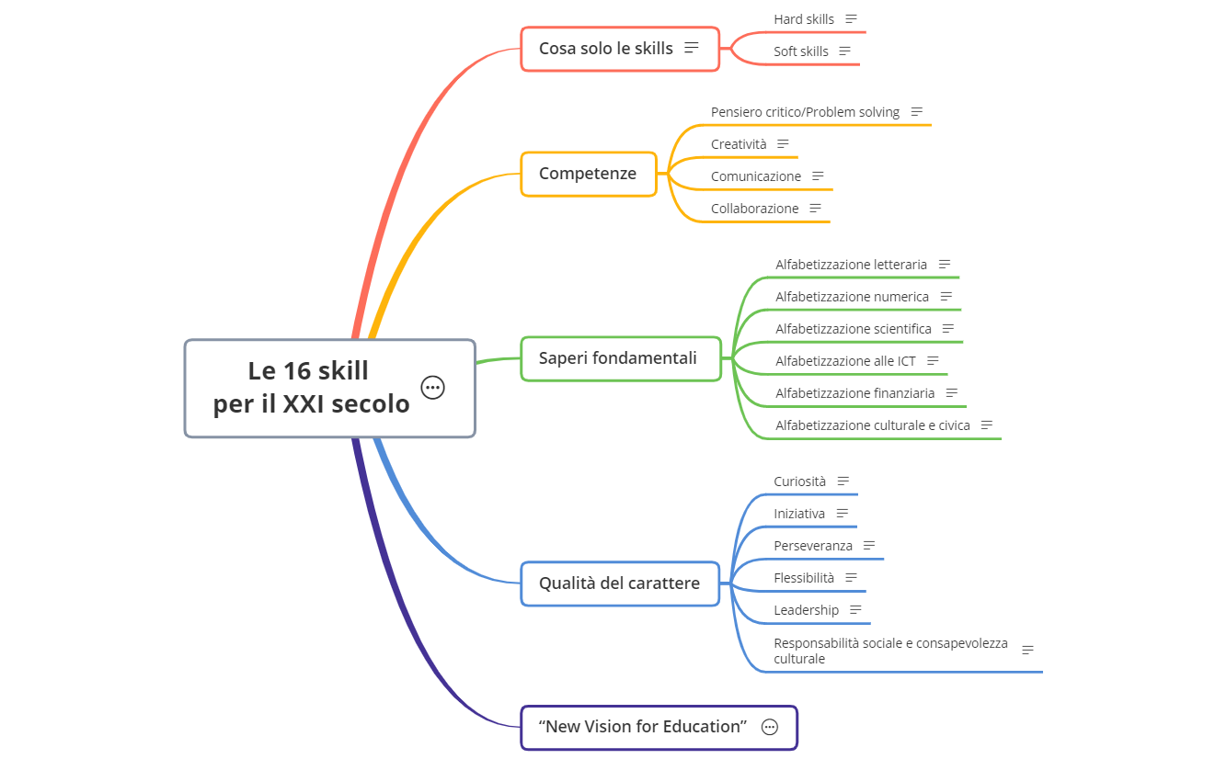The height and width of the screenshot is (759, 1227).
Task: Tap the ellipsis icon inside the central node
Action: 432,388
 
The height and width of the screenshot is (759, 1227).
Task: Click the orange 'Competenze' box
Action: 588,174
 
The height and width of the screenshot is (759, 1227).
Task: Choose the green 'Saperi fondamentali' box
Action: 618,358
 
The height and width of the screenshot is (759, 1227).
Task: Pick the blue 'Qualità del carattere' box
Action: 619,583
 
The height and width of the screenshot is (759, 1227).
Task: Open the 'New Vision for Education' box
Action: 642,727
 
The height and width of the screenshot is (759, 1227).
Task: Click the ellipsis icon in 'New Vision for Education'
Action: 770,727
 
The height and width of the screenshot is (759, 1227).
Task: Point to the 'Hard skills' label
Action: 804,19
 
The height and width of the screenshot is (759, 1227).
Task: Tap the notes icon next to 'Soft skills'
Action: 844,51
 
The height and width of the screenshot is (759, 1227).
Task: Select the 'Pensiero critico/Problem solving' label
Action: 805,112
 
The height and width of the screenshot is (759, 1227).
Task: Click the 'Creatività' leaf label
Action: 739,144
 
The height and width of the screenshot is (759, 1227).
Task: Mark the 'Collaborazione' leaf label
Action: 754,209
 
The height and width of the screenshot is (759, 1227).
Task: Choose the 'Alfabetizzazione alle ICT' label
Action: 845,361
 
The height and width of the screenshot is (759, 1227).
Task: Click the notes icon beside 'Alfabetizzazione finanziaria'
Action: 951,393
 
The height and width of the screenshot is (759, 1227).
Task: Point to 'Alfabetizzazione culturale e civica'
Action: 872,425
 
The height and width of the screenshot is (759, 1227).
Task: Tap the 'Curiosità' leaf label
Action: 799,481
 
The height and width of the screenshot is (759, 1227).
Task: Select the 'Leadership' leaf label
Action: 806,610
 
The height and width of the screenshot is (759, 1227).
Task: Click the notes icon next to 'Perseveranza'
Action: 868,546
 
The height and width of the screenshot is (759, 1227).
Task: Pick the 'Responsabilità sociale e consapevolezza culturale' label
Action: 890,651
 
